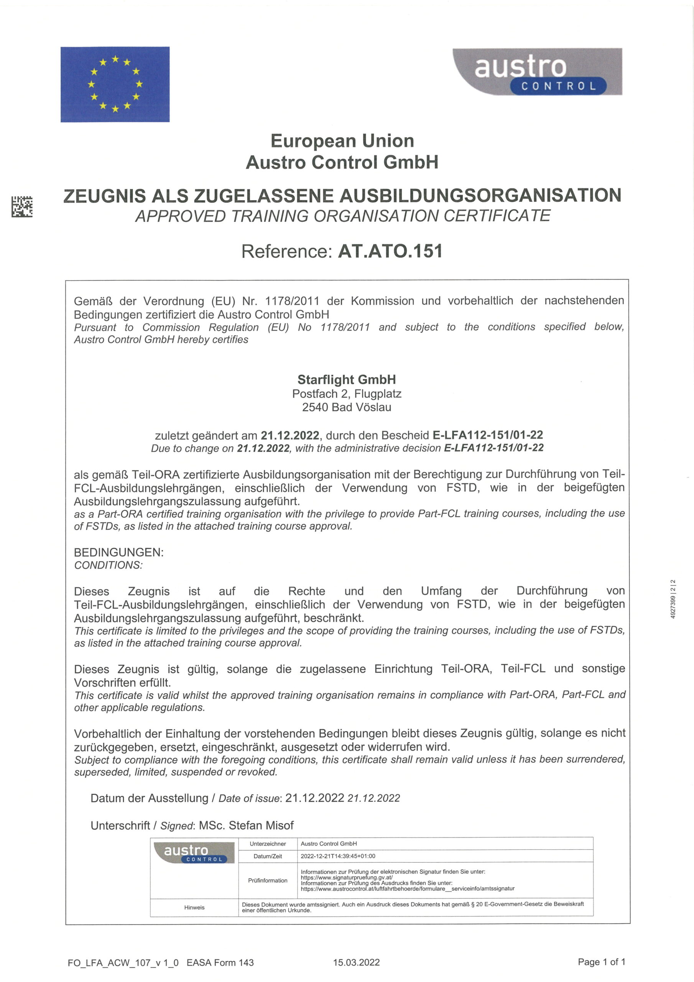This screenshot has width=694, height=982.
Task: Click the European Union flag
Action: tap(115, 84)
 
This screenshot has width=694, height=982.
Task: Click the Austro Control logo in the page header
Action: tap(537, 71)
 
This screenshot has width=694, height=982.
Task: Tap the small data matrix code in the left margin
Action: tap(22, 207)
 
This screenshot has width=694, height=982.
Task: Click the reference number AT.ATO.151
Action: tap(390, 251)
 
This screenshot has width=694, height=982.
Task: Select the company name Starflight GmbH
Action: tap(346, 379)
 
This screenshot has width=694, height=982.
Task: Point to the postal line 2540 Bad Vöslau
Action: tap(346, 407)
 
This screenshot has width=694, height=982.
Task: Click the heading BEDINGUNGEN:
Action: tap(119, 552)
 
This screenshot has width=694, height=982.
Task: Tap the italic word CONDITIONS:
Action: tap(109, 565)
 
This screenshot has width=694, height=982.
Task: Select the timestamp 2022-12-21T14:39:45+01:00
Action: tap(338, 856)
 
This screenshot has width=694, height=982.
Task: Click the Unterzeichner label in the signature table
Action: tap(268, 844)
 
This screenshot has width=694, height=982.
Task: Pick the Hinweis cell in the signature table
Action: tap(194, 907)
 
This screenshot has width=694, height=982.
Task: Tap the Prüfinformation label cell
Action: tap(268, 880)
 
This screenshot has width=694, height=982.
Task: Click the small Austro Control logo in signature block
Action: tap(194, 852)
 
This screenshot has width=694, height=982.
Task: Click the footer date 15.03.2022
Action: tap(356, 962)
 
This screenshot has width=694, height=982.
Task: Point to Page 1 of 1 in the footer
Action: tap(601, 962)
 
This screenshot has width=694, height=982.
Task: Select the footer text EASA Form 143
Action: tap(220, 962)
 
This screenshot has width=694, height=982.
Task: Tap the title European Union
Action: tap(342, 141)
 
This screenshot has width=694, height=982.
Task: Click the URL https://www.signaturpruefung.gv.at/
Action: tap(347, 877)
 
